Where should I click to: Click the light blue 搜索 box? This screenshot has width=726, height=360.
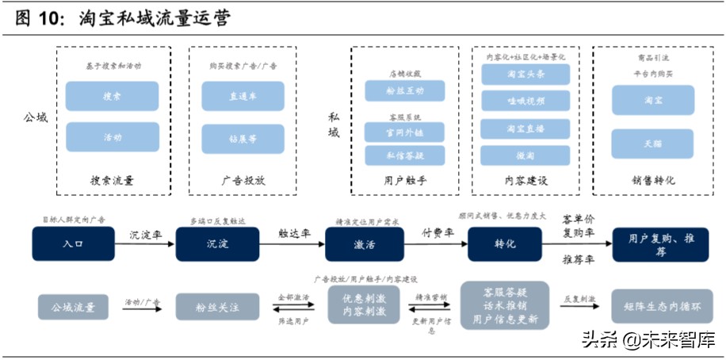pyautogui.click(x=112, y=96)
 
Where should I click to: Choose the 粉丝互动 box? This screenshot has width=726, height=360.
pyautogui.click(x=405, y=91)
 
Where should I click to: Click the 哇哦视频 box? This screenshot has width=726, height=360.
pyautogui.click(x=525, y=101)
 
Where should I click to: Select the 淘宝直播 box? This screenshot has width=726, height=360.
pyautogui.click(x=525, y=128)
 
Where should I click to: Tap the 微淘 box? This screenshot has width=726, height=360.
pyautogui.click(x=525, y=155)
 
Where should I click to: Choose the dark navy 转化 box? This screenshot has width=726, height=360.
pyautogui.click(x=505, y=243)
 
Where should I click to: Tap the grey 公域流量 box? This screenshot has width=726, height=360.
pyautogui.click(x=74, y=306)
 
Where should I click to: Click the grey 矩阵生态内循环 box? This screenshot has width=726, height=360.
pyautogui.click(x=654, y=306)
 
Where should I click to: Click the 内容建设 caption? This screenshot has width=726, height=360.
pyautogui.click(x=525, y=181)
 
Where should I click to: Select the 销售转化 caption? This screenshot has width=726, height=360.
pyautogui.click(x=653, y=181)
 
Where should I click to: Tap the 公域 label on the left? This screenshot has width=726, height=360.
pyautogui.click(x=35, y=117)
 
